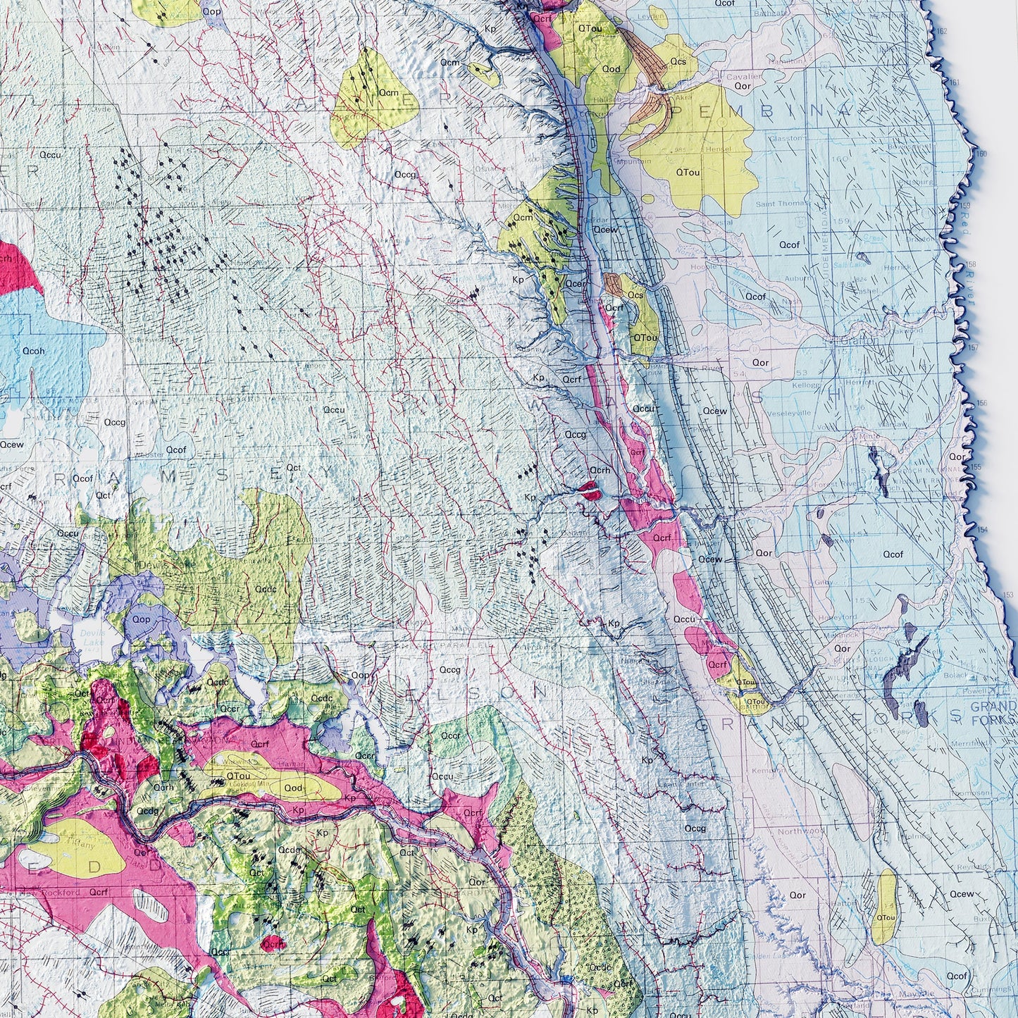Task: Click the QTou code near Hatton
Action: [x=885, y=917]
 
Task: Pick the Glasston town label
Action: [x=786, y=138]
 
